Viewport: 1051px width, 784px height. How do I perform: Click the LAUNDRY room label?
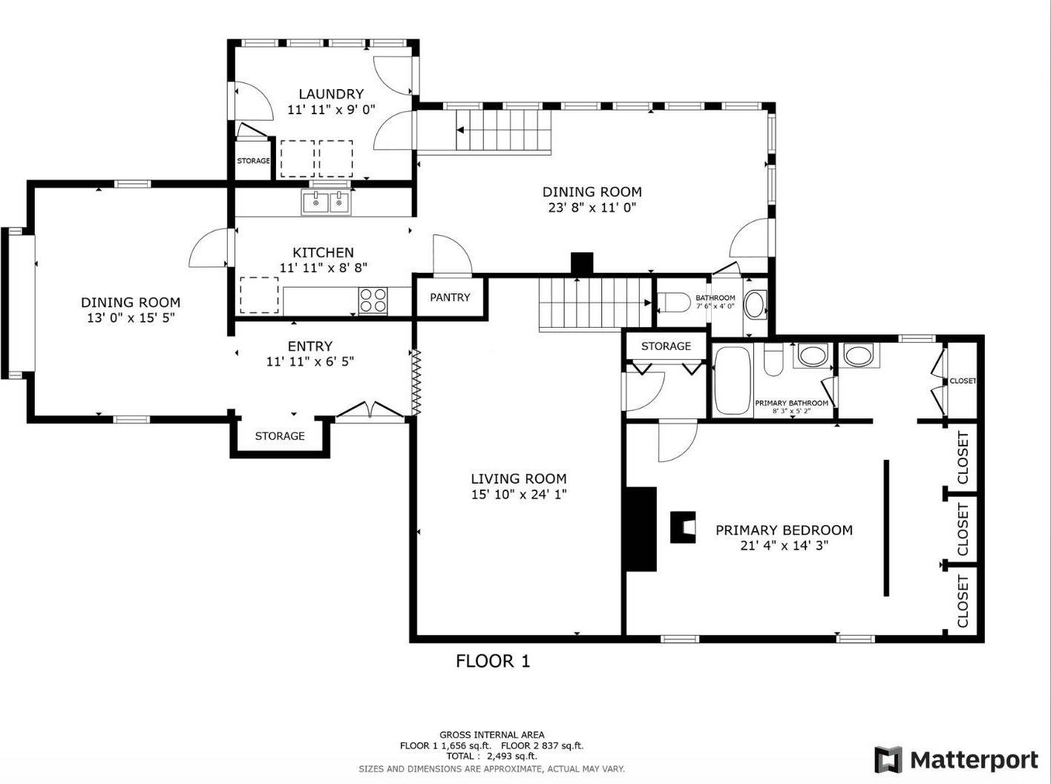331,93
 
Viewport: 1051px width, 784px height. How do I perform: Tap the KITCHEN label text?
323,253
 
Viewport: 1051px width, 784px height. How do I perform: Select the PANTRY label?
450,297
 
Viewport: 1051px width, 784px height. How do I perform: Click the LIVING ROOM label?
519,478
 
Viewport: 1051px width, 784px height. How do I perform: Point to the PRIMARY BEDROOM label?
785,530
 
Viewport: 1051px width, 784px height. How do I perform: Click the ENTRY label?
310,346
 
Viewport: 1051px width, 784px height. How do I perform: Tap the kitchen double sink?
326,202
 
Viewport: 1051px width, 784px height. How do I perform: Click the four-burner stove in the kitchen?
373,300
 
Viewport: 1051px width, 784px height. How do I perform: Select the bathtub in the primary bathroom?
732,381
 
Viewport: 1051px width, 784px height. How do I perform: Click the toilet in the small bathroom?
672,303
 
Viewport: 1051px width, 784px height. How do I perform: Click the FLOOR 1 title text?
493,661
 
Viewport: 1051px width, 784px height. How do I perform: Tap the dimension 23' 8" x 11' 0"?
592,208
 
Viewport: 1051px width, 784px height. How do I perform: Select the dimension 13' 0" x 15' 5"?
131,317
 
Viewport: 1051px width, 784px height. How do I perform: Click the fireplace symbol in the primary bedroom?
683,527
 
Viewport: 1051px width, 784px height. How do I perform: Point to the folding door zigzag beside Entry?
416,382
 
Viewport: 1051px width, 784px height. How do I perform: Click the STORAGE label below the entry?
280,436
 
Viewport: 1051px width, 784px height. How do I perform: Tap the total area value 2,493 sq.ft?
512,757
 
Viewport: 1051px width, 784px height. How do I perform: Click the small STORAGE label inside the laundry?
253,161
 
